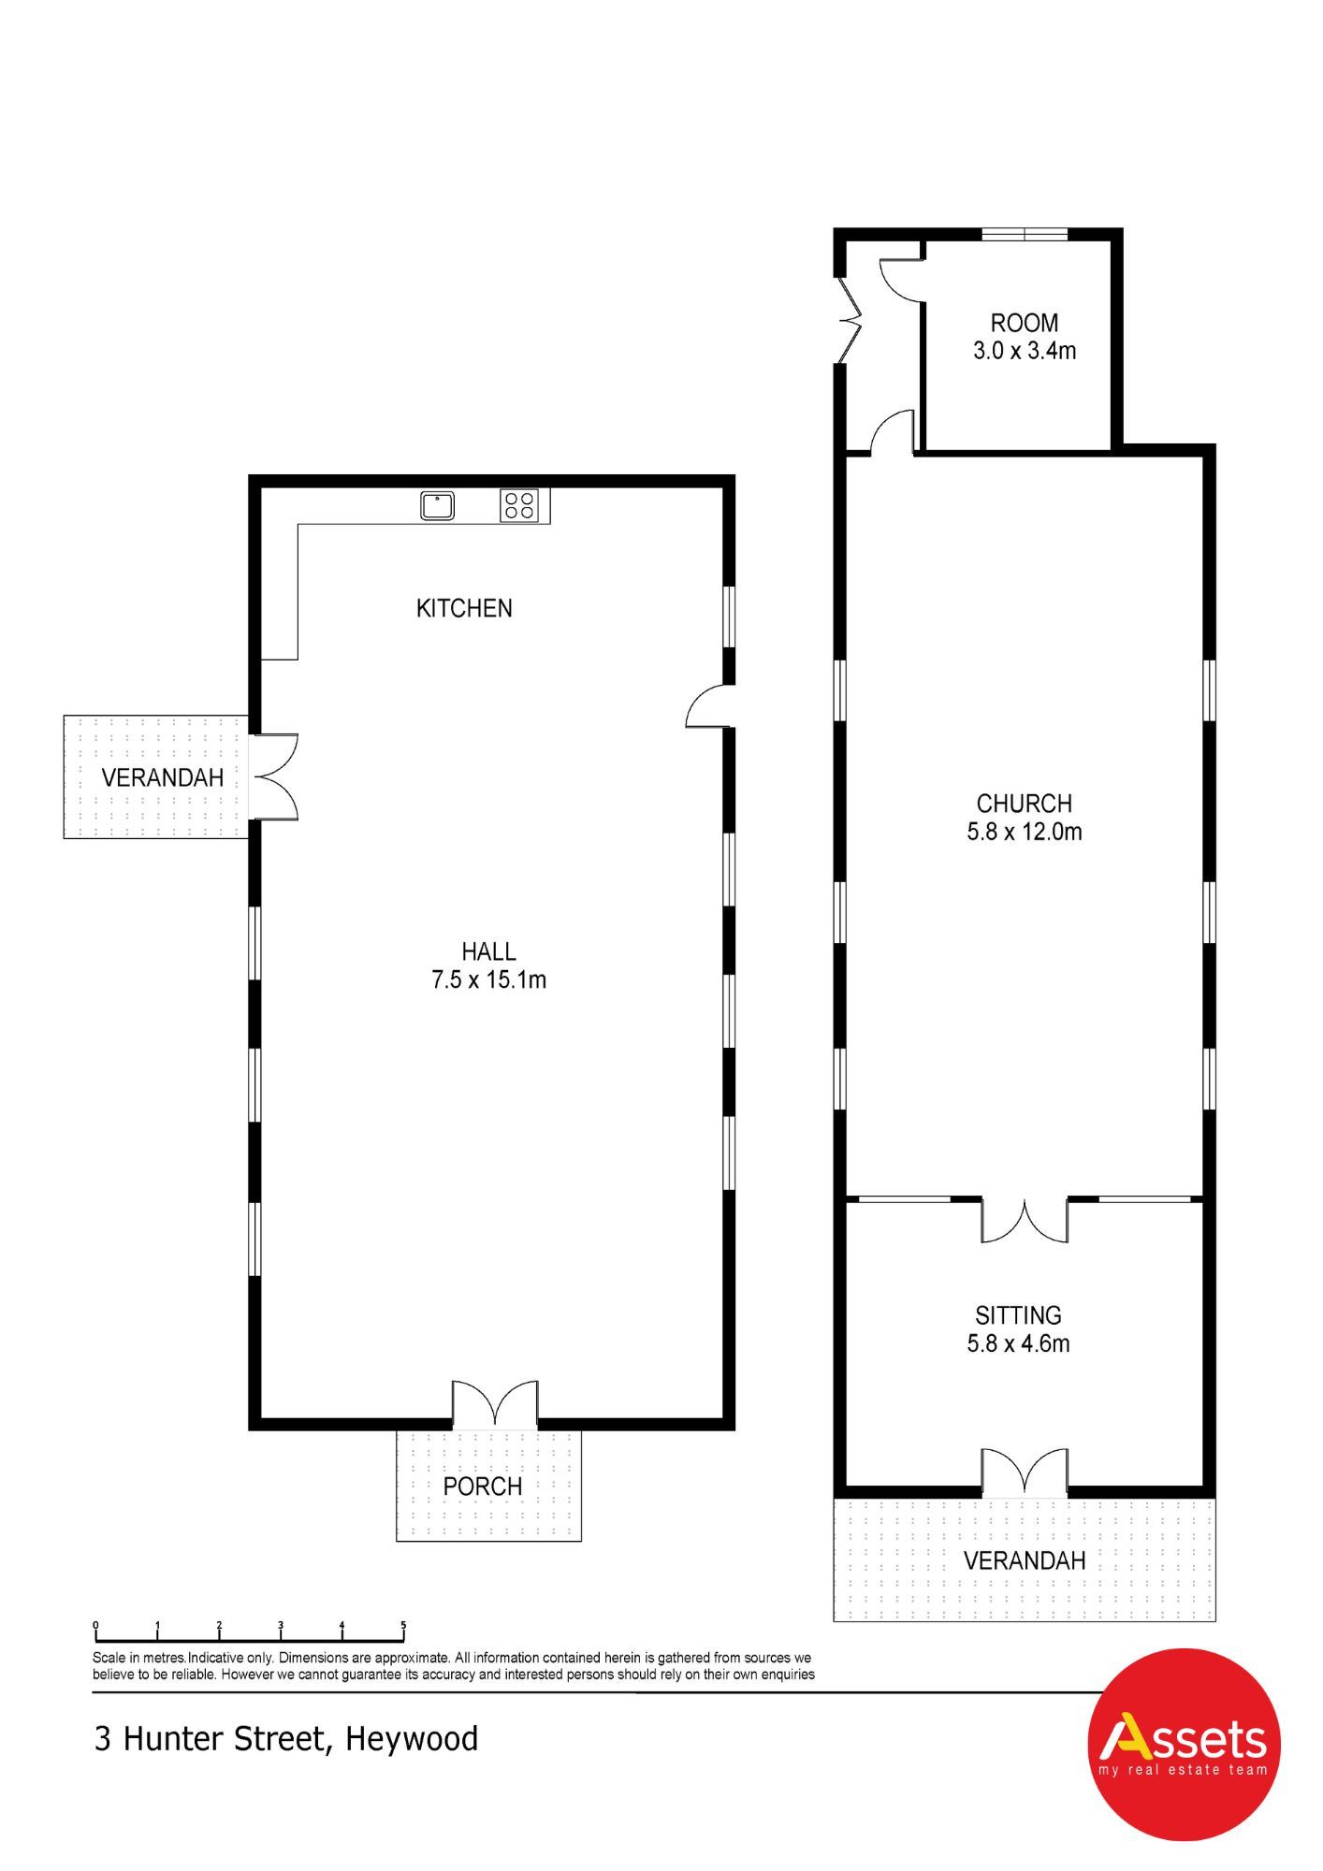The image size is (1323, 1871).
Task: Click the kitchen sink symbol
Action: tap(437, 505)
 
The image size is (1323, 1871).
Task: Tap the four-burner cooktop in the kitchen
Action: tap(519, 505)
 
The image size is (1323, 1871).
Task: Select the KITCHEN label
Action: tap(464, 608)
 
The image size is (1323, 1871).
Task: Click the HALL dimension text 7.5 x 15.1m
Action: tap(488, 979)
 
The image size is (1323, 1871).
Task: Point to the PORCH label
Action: tap(482, 1486)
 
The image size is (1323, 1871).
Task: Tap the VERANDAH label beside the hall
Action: tap(163, 777)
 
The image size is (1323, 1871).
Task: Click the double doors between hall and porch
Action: tap(495, 1404)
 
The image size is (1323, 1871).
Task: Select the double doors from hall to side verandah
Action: tap(275, 776)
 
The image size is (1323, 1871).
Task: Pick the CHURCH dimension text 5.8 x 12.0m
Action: tap(1025, 832)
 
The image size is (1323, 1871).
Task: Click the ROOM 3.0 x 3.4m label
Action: tap(1025, 337)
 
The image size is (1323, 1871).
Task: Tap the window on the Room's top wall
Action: tap(1025, 234)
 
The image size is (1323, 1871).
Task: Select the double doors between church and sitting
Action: tap(1025, 1220)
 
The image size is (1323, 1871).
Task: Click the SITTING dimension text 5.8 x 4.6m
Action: tap(1018, 1343)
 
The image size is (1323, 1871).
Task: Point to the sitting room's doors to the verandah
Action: tap(1025, 1471)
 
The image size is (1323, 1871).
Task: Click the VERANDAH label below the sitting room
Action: tap(1025, 1560)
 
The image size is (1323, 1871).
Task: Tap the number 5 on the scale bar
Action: tap(403, 1625)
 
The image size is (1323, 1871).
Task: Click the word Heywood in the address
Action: tap(412, 1739)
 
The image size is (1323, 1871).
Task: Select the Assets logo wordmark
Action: tap(1183, 1739)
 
